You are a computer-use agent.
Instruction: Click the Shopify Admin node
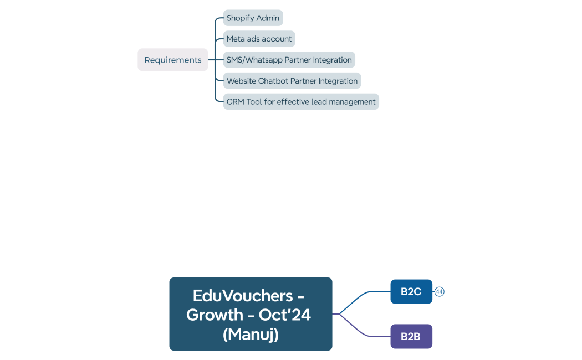click(x=253, y=18)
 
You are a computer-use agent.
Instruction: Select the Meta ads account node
click(x=259, y=39)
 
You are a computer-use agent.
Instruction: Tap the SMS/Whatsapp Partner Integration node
click(x=289, y=60)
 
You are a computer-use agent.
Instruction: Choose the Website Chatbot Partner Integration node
click(x=292, y=81)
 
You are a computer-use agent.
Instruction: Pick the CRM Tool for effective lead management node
click(x=301, y=102)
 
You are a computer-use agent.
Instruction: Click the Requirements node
click(x=173, y=60)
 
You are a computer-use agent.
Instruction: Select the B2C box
click(x=411, y=291)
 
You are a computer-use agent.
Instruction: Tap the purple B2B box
click(x=411, y=336)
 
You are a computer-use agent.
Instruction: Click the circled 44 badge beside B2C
click(x=440, y=291)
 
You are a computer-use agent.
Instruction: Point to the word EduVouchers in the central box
click(x=243, y=295)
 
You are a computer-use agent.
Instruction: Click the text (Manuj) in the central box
click(x=251, y=335)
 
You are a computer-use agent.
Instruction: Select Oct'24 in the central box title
click(x=285, y=315)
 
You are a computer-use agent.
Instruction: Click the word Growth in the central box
click(x=215, y=315)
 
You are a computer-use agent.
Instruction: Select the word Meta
click(x=236, y=39)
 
